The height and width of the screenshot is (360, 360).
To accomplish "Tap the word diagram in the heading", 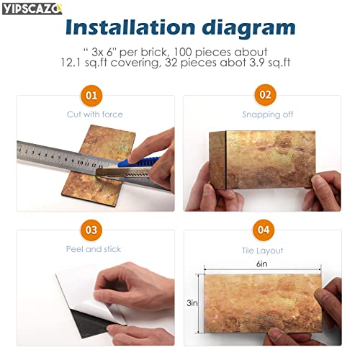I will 241,27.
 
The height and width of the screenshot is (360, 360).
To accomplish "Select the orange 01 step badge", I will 91,95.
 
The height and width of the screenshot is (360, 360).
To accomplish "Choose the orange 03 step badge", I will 91,230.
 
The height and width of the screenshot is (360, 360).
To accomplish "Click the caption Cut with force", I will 95,114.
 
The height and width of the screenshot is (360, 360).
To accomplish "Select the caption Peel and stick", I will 95,249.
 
